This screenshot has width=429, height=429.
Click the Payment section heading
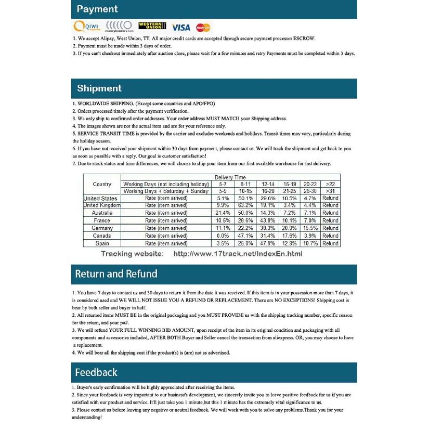click(97, 9)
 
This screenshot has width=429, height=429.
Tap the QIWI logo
click(86, 26)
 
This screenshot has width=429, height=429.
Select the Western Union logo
click(152, 25)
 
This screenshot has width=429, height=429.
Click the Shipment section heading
click(99, 88)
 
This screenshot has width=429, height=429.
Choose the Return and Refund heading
click(116, 274)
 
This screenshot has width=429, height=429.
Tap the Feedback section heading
click(96, 372)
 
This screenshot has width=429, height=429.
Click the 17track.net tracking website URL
click(237, 254)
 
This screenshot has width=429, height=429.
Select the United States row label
click(101, 198)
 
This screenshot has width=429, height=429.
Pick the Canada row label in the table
click(102, 236)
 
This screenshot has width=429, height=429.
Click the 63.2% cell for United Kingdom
click(245, 205)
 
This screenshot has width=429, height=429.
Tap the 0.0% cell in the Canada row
click(223, 236)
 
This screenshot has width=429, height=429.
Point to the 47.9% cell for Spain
click(268, 243)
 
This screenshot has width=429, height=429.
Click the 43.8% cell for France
click(268, 220)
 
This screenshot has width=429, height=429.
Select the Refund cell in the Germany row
click(330, 228)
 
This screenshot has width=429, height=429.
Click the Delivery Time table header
click(230, 178)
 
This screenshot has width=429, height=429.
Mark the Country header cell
click(102, 184)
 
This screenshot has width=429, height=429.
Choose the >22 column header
click(330, 184)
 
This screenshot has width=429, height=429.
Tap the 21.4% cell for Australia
click(223, 213)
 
